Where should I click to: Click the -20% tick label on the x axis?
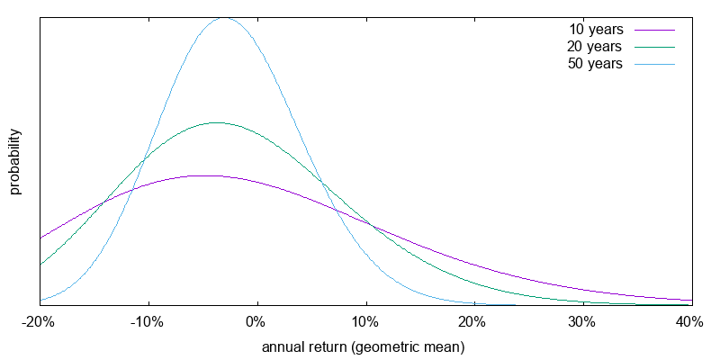[39, 322]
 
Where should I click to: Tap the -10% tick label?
[148, 322]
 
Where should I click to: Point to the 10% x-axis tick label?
[365, 322]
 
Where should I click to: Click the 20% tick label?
[474, 322]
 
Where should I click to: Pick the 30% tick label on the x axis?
[582, 322]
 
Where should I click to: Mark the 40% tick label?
[689, 322]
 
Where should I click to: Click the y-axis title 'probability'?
[15, 162]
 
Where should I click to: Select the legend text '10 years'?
[597, 30]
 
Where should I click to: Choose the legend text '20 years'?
[597, 47]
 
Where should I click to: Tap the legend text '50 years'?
[597, 64]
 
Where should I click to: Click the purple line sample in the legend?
[654, 30]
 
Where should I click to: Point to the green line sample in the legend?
[654, 47]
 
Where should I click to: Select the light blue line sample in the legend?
[654, 64]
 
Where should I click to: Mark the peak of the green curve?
[216, 122]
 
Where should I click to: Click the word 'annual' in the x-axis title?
[283, 346]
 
